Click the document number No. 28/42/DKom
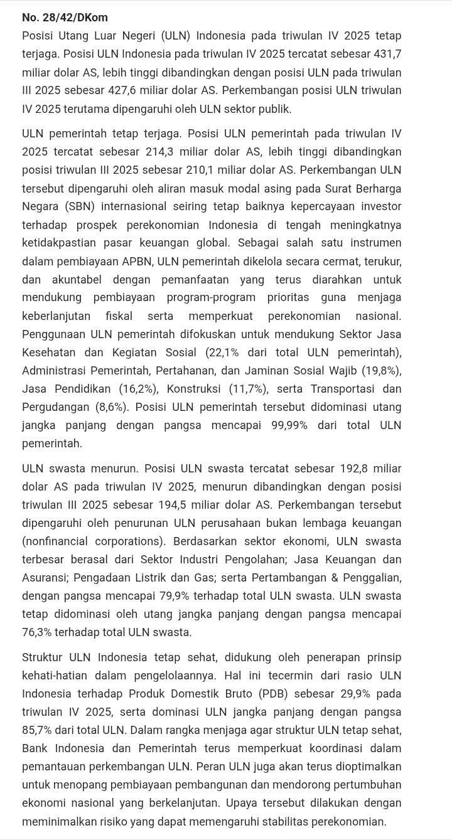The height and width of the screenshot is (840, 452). point(65,18)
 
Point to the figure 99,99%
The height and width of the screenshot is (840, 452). point(289,425)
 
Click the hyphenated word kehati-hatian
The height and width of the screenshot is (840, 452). point(55,676)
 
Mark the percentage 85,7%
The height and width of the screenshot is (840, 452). point(38,730)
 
